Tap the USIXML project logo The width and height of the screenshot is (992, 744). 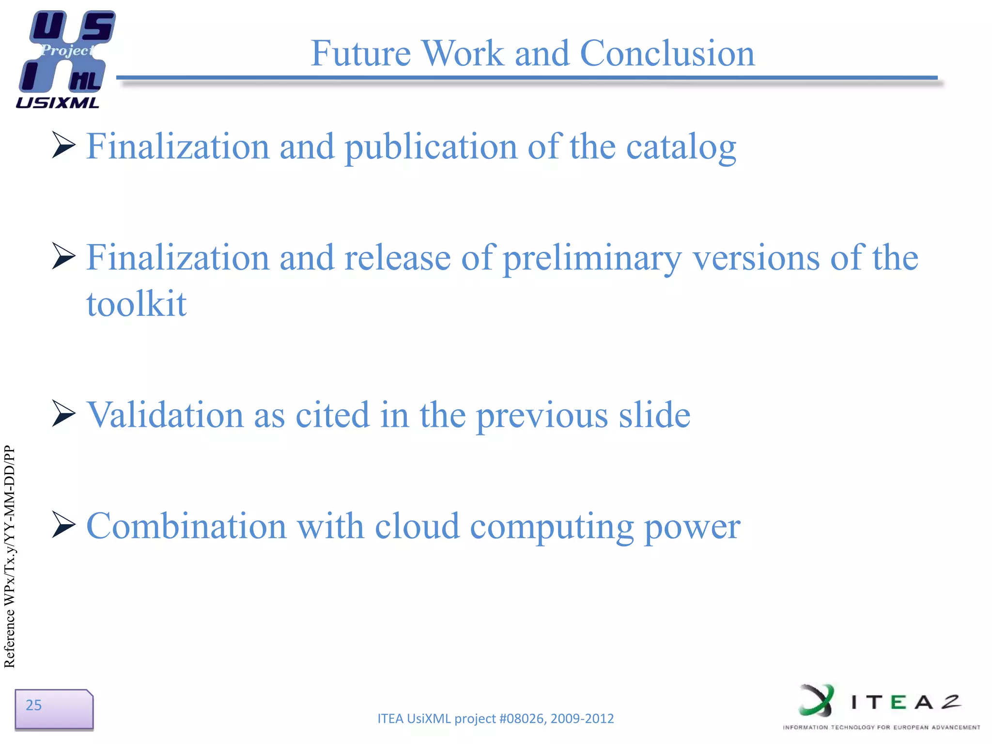[x=65, y=58]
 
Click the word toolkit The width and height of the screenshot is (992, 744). [x=137, y=304]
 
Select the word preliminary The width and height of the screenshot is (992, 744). [x=592, y=258]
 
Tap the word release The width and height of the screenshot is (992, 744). [x=397, y=258]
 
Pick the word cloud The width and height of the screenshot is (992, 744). [x=417, y=527]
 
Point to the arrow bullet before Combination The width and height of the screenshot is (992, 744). [x=63, y=525]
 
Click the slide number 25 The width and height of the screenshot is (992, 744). [x=34, y=705]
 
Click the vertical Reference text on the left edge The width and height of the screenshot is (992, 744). [x=10, y=557]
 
